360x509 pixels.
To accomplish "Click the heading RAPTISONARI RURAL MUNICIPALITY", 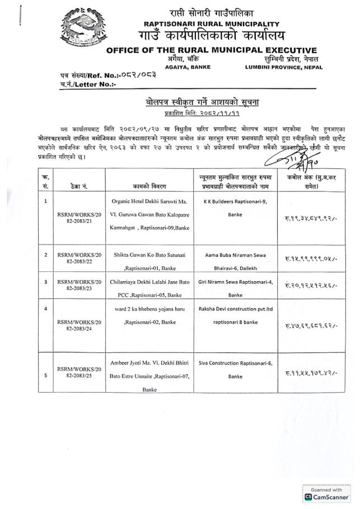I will point(211,24).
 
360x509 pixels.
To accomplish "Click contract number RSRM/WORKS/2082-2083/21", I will point(76,228).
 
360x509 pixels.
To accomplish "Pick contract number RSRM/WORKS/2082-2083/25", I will point(76,371).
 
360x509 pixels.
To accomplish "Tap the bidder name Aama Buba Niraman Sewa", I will point(235,254).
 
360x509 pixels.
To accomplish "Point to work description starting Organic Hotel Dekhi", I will point(149,200).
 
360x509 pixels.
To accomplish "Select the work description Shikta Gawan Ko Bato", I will point(149,254).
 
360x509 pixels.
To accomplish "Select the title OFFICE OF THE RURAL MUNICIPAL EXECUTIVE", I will point(211,50).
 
